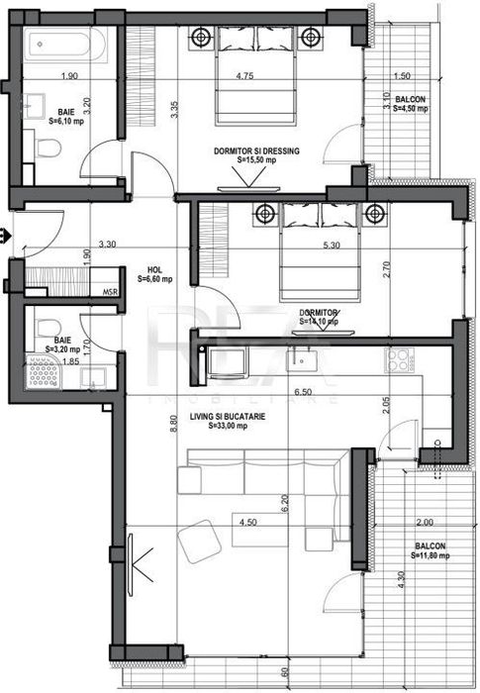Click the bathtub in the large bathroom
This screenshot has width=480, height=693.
[x=58, y=45]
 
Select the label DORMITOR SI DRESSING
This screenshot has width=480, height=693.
[x=255, y=151]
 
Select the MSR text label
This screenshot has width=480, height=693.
[x=111, y=292]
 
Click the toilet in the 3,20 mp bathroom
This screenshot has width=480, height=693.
[x=45, y=324]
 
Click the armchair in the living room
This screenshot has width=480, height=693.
[x=202, y=544]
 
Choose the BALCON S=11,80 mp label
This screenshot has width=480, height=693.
[x=428, y=550]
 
